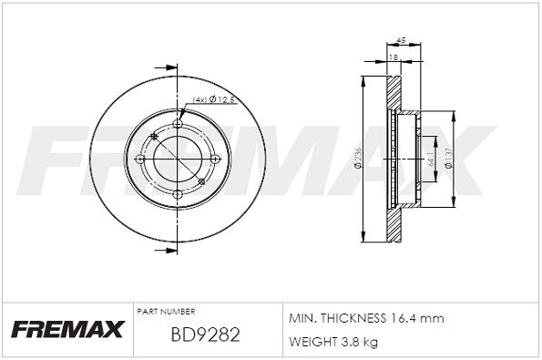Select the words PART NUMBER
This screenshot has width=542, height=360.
click(x=165, y=311)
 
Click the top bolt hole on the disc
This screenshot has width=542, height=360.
click(x=178, y=125)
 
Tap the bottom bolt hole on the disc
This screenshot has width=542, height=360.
click(x=178, y=193)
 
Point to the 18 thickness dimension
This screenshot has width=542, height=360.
click(x=393, y=57)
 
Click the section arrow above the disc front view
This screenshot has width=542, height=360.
click(x=167, y=67)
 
